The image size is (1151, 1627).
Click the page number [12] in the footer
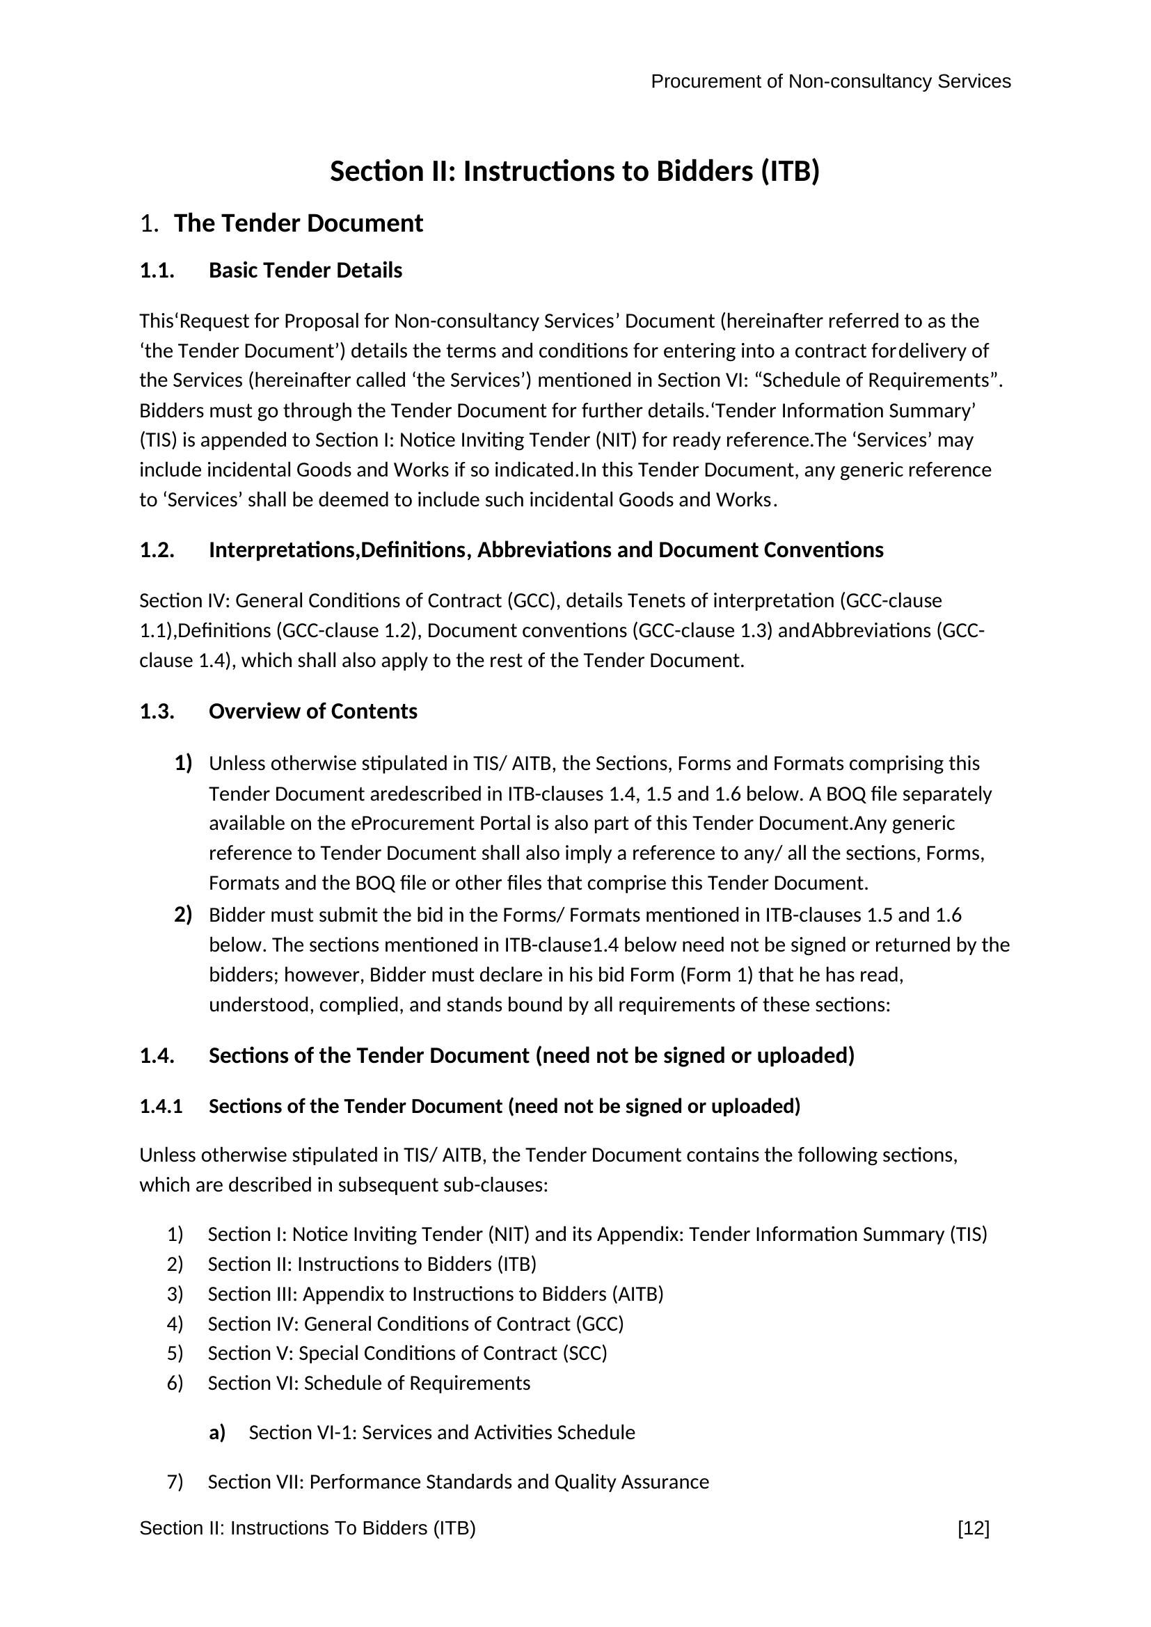pos(973,1528)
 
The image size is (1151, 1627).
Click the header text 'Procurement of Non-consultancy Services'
pos(831,82)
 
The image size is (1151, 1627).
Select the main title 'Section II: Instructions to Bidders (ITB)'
pos(575,172)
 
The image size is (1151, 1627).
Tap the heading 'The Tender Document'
pos(299,223)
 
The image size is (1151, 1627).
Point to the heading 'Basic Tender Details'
pos(305,271)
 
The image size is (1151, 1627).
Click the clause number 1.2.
pos(157,551)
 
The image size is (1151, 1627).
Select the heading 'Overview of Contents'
pos(312,712)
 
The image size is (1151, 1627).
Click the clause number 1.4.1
pos(161,1106)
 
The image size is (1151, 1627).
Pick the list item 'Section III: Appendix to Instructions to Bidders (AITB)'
pos(435,1294)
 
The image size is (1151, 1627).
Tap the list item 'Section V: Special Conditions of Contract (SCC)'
pos(408,1354)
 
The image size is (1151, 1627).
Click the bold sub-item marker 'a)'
pos(217,1433)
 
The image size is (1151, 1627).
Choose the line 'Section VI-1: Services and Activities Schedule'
pos(442,1433)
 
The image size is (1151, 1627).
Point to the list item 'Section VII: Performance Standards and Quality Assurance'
pos(458,1482)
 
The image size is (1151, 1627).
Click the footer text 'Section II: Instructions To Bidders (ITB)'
pos(308,1528)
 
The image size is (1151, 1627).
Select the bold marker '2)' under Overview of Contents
pos(183,915)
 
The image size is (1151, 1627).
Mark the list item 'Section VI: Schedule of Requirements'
pos(369,1384)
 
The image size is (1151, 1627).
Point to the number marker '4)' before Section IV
pos(175,1324)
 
